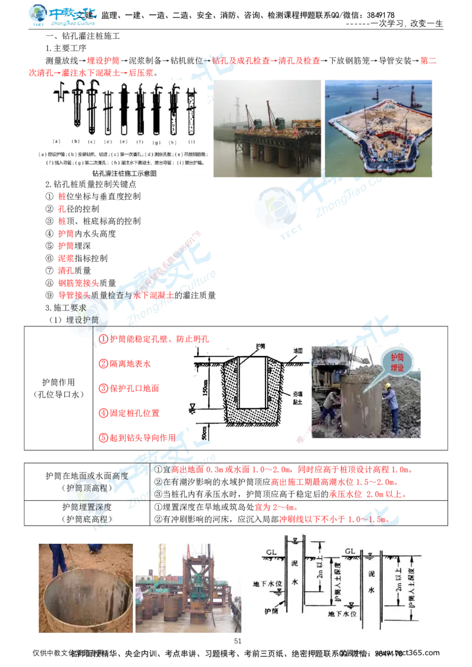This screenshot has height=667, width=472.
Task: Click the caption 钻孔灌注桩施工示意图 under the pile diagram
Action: click(x=124, y=174)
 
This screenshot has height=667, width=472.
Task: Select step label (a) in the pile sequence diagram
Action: click(x=57, y=141)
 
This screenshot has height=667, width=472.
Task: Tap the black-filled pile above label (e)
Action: click(x=123, y=106)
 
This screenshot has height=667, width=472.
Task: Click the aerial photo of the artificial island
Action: click(x=378, y=127)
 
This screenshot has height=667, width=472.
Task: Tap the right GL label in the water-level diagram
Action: click(x=350, y=552)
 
